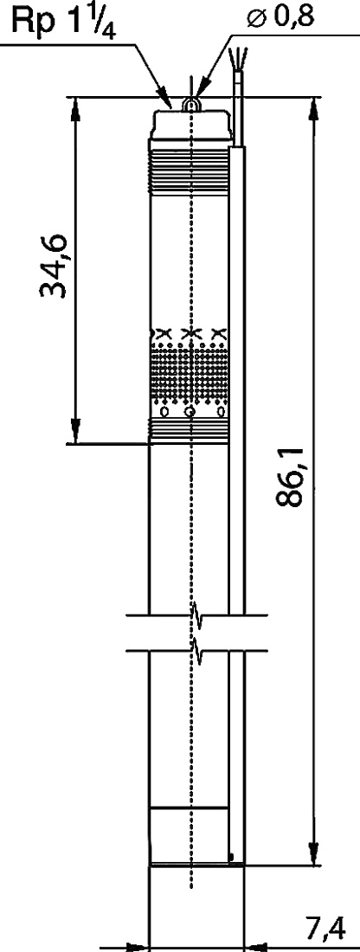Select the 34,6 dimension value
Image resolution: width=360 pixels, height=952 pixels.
pos(54,265)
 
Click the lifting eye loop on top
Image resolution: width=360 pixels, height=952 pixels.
pos(192,106)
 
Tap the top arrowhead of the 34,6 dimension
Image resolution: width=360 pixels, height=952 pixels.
pos(76,109)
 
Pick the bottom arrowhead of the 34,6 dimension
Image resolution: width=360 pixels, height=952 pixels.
pos(76,432)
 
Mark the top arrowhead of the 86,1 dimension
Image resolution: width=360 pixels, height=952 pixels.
pos(313,109)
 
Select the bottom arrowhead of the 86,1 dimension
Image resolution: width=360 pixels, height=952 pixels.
pos(313,852)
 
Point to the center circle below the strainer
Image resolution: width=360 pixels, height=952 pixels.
pos(191,413)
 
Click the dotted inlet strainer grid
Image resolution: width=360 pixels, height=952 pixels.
pos(189,372)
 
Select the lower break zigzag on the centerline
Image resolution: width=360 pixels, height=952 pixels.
pos(196,650)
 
